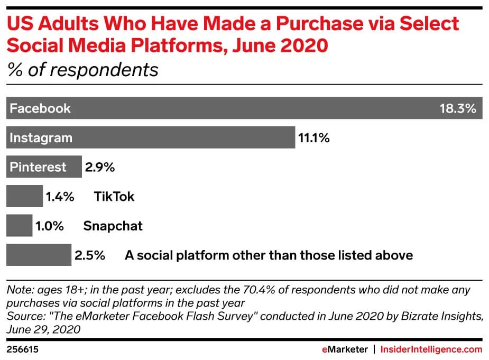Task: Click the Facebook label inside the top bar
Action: (40, 109)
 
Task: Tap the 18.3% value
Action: (458, 109)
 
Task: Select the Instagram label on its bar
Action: (41, 138)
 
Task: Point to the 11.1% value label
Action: (314, 139)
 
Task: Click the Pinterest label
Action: (38, 167)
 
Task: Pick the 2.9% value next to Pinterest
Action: (99, 168)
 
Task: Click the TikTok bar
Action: (24, 197)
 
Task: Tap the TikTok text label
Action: (114, 197)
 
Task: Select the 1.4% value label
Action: (60, 197)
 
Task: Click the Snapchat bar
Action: (19, 226)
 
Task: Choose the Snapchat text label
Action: (113, 226)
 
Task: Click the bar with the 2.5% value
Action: (38, 255)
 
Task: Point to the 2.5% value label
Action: (90, 256)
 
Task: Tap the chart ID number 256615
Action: (22, 349)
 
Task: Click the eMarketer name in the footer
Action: (345, 349)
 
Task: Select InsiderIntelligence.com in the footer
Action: (431, 349)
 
